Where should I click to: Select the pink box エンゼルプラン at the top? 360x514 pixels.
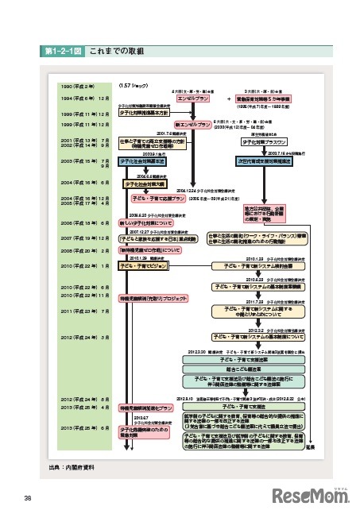click(x=190, y=99)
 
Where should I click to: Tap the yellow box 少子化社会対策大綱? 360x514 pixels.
click(x=144, y=183)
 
